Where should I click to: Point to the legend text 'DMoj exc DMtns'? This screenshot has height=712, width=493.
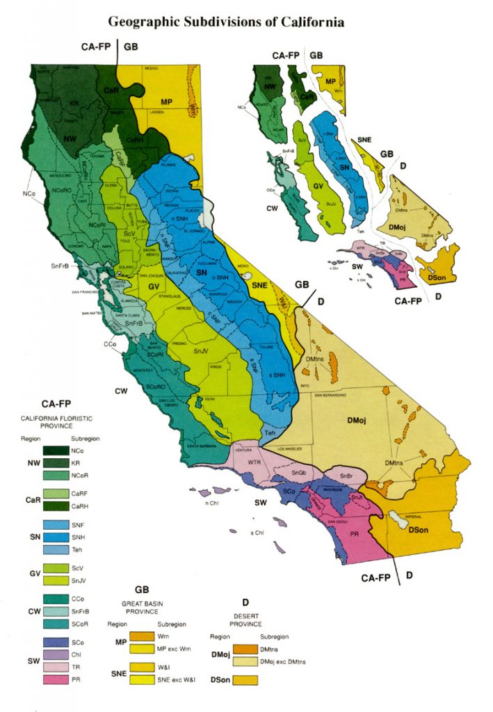[x=283, y=661]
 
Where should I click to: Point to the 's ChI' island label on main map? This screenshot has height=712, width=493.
[x=257, y=533]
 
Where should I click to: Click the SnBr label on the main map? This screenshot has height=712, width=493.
[x=346, y=476]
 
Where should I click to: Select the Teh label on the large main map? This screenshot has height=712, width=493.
[x=270, y=433]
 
